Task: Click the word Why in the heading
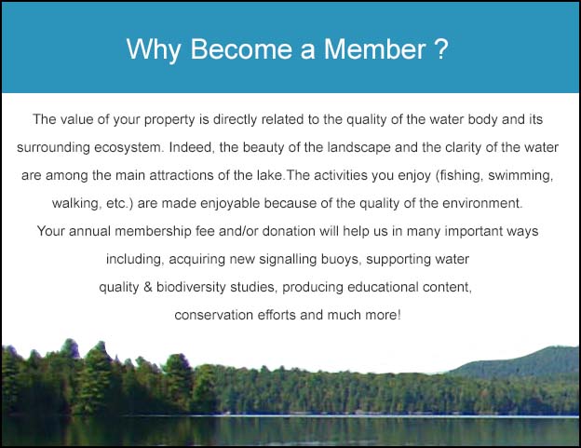click(154, 50)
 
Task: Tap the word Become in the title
click(241, 49)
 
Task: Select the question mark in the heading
click(441, 49)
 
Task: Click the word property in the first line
click(169, 120)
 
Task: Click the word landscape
click(358, 147)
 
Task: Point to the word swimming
click(520, 176)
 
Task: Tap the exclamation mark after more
click(399, 315)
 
